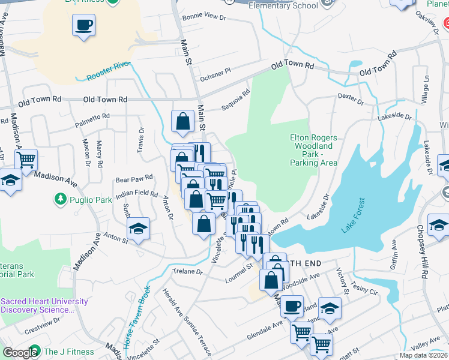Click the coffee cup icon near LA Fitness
tap(83, 25)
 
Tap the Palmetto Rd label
tap(92, 117)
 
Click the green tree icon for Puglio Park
tap(60, 198)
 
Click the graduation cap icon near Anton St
tap(138, 229)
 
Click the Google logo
tap(20, 352)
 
